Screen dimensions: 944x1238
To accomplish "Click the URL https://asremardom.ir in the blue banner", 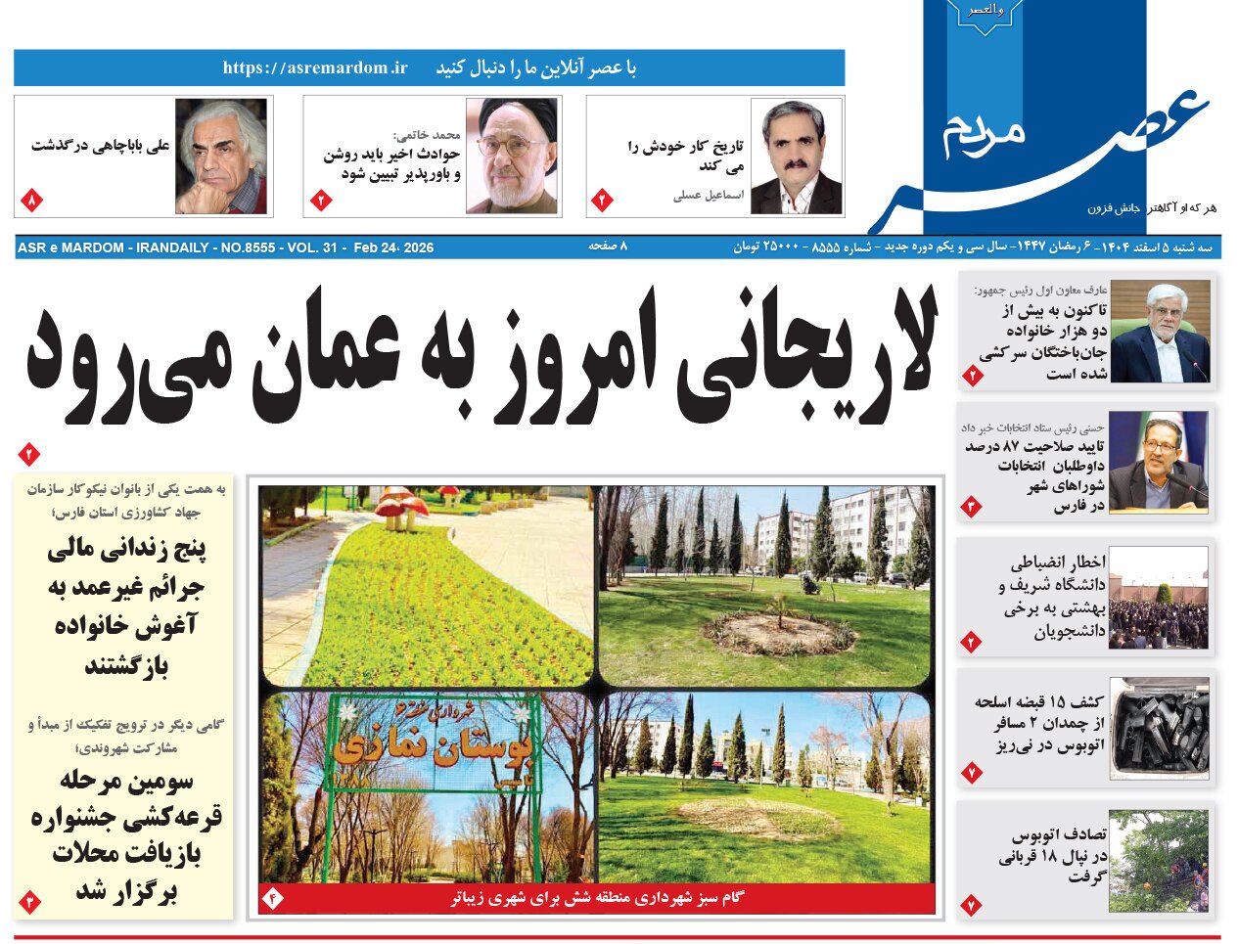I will tap(314, 67).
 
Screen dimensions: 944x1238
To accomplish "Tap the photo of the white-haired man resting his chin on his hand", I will tap(220, 157).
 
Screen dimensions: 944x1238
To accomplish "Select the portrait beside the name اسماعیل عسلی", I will tap(796, 157).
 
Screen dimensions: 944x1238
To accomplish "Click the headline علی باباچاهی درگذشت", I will tap(101, 146).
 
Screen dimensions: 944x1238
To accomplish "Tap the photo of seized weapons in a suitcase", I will tap(1159, 728).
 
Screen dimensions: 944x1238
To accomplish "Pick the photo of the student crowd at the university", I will tap(1159, 597).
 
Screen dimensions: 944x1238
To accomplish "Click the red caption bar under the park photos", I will tap(597, 897).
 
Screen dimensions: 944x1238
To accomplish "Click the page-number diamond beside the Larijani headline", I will tap(28, 454).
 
